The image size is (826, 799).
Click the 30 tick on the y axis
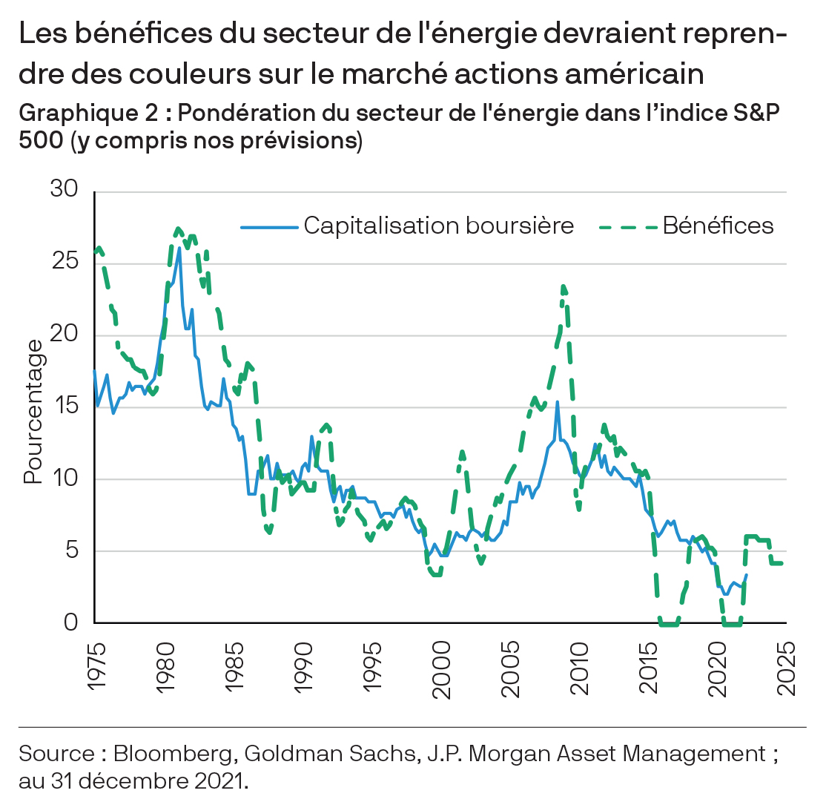click(65, 189)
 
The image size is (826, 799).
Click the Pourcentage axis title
click(33, 412)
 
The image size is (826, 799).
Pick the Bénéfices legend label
click(718, 226)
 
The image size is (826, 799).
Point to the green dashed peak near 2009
click(564, 286)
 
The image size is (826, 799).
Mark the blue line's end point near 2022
click(746, 574)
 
